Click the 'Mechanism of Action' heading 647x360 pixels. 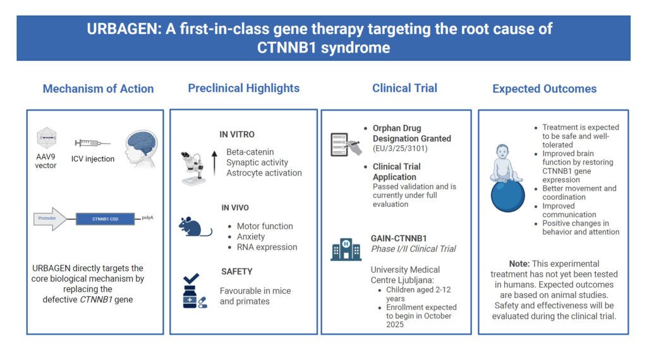tap(98, 88)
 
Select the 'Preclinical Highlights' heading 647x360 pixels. tap(244, 88)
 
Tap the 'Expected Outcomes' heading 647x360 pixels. tap(544, 88)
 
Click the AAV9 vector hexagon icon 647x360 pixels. tap(46, 138)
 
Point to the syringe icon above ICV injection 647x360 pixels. tap(92, 143)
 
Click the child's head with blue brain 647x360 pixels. tap(141, 148)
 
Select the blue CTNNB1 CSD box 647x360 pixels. tap(106, 219)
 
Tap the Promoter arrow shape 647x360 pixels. tap(50, 219)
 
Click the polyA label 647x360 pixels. tap(147, 217)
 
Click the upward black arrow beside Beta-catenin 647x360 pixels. tap(214, 164)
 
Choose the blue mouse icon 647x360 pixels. tap(195, 226)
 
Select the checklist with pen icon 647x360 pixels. tap(346, 144)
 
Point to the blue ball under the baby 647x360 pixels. tap(507, 196)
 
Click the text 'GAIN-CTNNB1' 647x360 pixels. tap(399, 238)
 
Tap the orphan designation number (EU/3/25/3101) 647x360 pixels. tap(400, 148)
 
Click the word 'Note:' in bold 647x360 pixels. tap(519, 263)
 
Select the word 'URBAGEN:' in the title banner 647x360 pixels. tap(124, 29)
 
